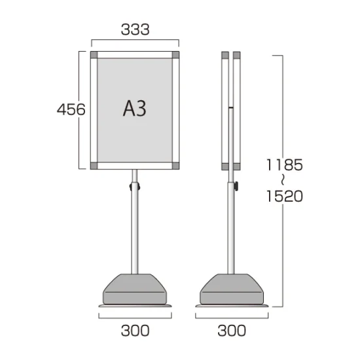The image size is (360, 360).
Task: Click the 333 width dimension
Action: pos(135,29)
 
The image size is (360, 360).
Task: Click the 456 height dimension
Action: pos(71,109)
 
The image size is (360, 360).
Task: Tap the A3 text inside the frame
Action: pos(135,109)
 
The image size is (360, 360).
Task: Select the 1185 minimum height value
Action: pos(285,165)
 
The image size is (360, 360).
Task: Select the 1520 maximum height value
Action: pos(285,196)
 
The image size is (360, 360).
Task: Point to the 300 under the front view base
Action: pos(135,331)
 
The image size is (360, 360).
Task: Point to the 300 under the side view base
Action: pos(232,331)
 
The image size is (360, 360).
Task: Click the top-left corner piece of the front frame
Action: pos(94,55)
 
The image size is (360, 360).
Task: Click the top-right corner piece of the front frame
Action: pos(175,55)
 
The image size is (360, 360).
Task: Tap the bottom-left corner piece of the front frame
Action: pos(94,166)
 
